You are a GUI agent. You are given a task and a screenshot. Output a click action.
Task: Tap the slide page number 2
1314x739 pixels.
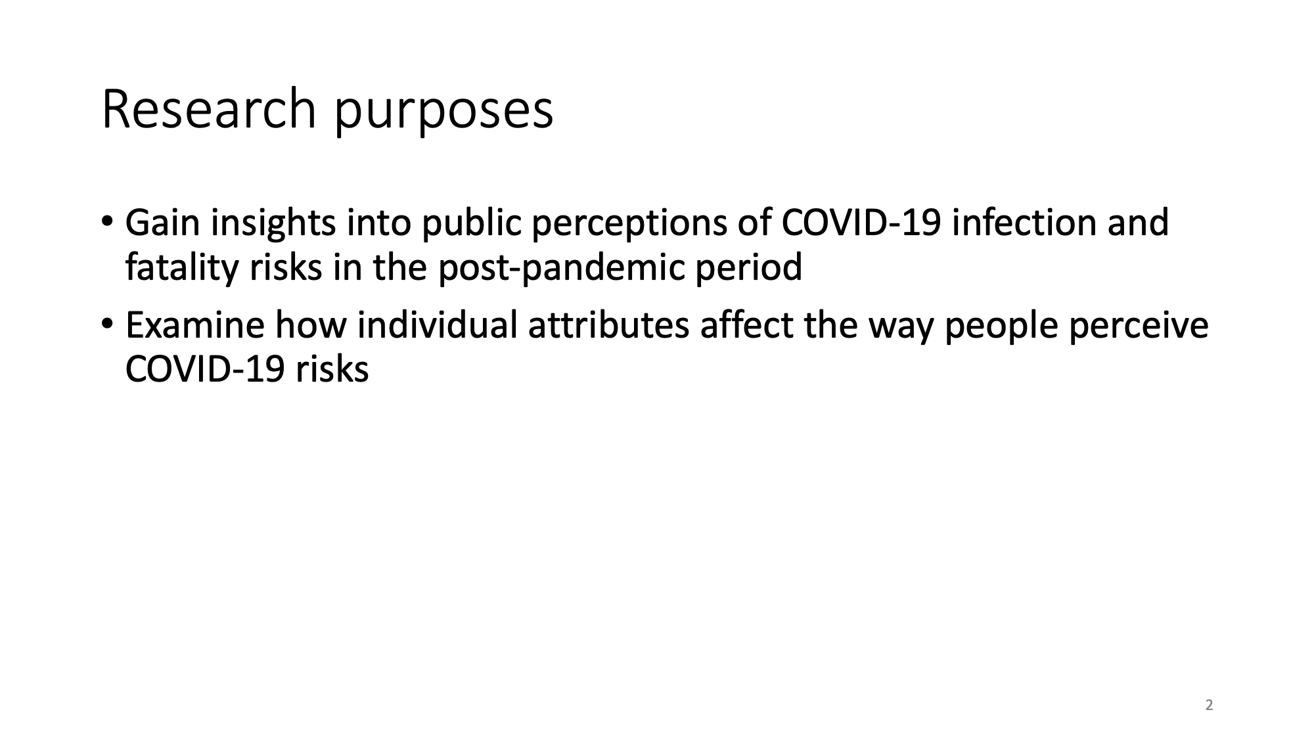pos(1209,705)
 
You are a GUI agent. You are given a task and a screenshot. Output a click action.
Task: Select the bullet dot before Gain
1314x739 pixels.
pos(107,219)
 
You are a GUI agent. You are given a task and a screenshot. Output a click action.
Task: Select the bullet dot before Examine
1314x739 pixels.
pos(107,322)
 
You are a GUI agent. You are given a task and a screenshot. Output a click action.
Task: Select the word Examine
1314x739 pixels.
pos(195,325)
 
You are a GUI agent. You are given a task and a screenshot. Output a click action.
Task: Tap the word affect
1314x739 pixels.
pos(747,325)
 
